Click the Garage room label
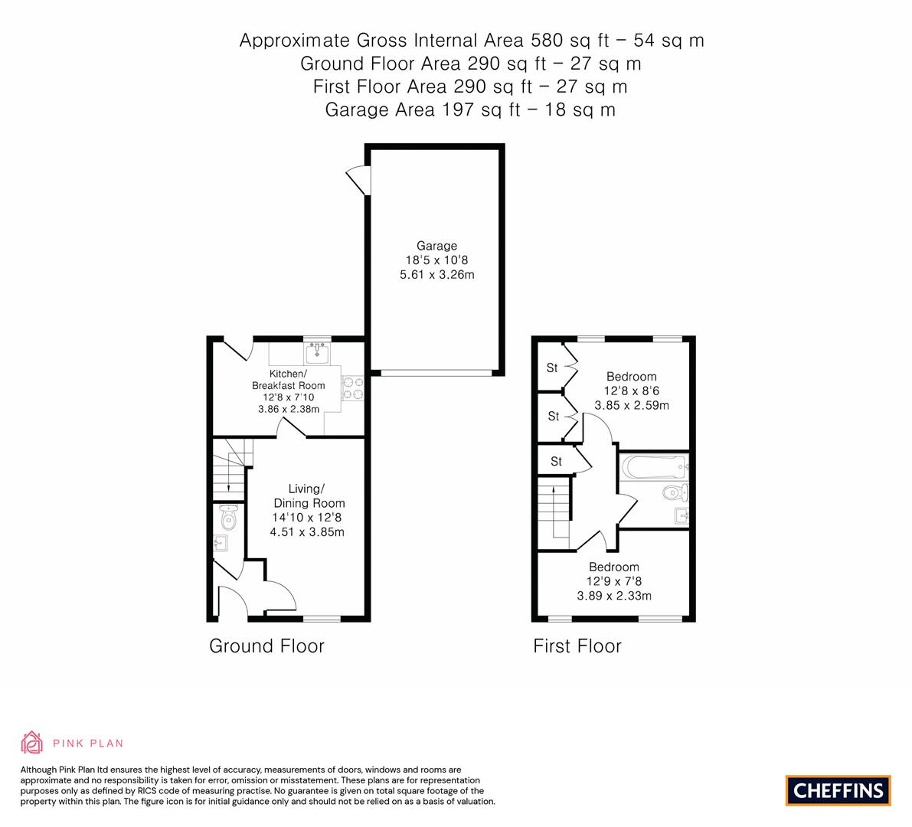[x=436, y=246]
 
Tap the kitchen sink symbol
[x=318, y=352]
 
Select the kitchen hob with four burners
[x=352, y=388]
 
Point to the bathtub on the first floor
[x=655, y=467]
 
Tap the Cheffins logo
[x=838, y=790]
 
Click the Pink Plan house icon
[x=32, y=742]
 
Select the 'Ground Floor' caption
[x=266, y=646]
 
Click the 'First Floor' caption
[x=577, y=646]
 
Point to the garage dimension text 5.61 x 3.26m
[x=436, y=275]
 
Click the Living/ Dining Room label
[x=309, y=496]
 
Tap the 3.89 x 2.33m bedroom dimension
[x=614, y=596]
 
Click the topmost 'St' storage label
[x=552, y=368]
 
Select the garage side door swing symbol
[x=358, y=180]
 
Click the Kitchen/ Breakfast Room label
[x=289, y=380]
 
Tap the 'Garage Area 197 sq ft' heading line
[x=470, y=110]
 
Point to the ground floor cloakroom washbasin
[x=220, y=544]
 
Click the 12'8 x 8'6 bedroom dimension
[x=632, y=391]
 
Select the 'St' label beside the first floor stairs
[x=556, y=462]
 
